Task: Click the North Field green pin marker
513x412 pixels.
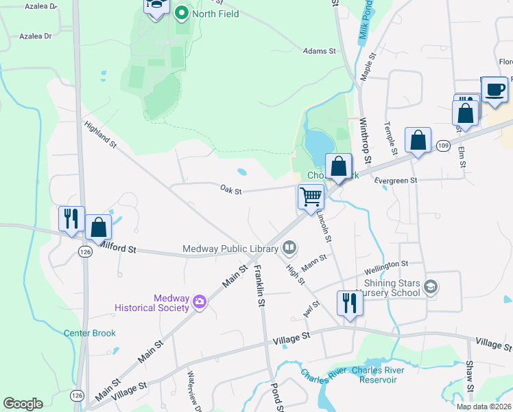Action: point(182,12)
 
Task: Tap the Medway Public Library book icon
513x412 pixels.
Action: point(290,247)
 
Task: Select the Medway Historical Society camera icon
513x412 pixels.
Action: point(200,301)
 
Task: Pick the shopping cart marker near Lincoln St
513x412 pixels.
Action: point(311,197)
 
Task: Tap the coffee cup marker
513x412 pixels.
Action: point(494,89)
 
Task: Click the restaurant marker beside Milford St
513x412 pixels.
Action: point(71,219)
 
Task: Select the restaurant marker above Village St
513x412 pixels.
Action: point(350,303)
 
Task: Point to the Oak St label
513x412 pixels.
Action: point(231,190)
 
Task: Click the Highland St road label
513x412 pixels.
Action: point(102,135)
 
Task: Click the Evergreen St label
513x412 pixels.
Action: point(397,181)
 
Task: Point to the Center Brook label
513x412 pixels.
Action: point(90,333)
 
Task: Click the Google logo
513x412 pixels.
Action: point(23,404)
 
